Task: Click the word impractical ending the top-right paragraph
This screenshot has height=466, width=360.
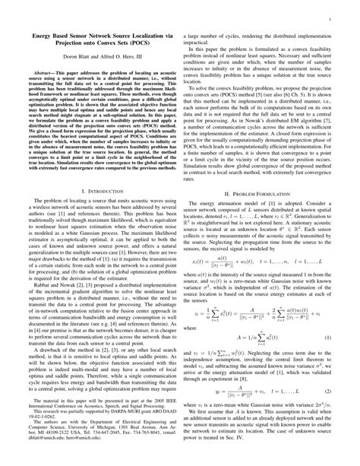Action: point(201,43)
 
